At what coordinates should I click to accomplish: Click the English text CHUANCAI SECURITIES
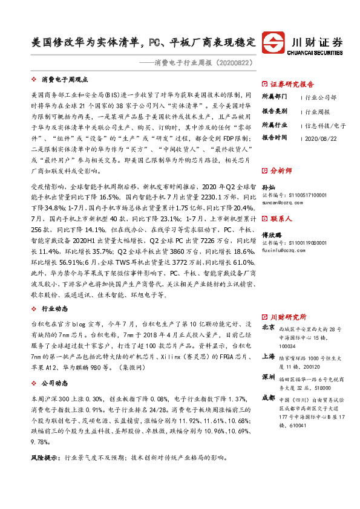pos(317,53)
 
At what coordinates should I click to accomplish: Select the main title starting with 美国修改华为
pos(143,44)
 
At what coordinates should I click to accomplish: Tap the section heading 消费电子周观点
pos(65,79)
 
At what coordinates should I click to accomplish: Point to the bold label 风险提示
pos(44,459)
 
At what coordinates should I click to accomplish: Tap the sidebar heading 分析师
pos(281,171)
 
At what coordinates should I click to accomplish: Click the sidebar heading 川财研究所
pos(288,317)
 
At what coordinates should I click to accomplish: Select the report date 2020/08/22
pos(323,138)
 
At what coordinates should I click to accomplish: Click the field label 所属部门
pos(275,97)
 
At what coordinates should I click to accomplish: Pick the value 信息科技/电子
pos(326,125)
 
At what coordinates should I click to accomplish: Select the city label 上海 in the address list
pos(269,356)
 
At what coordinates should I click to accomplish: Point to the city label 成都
pos(269,398)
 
